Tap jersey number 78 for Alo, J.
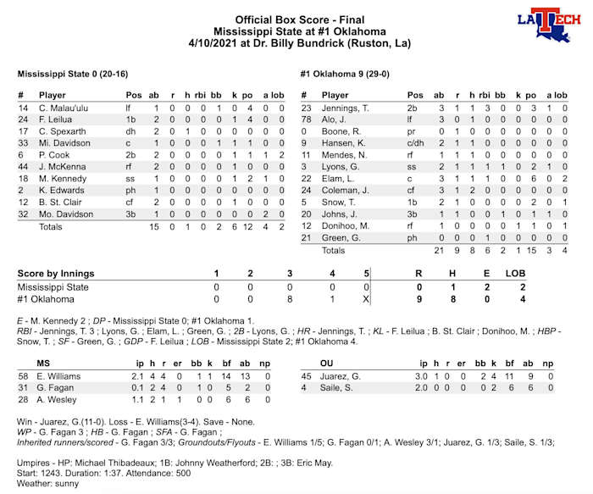point(307,120)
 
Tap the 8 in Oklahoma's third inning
point(290,298)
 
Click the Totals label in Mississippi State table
point(52,227)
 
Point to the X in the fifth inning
point(365,298)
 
